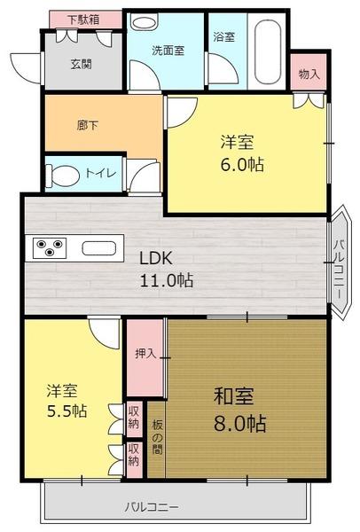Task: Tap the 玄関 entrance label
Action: pyautogui.click(x=82, y=63)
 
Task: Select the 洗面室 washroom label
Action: pyautogui.click(x=167, y=51)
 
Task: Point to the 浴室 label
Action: pyautogui.click(x=223, y=37)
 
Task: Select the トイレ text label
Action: pyautogui.click(x=99, y=174)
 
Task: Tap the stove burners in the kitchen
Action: pyautogui.click(x=49, y=246)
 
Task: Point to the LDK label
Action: pyautogui.click(x=162, y=259)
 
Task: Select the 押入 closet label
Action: pyautogui.click(x=144, y=354)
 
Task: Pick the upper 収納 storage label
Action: pyautogui.click(x=134, y=415)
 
